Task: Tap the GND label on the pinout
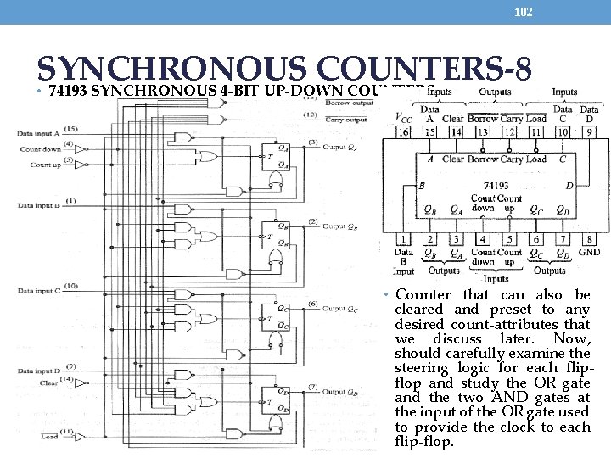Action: coord(589,252)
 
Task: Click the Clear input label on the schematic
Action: coord(50,383)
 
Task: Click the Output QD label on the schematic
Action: coord(340,392)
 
